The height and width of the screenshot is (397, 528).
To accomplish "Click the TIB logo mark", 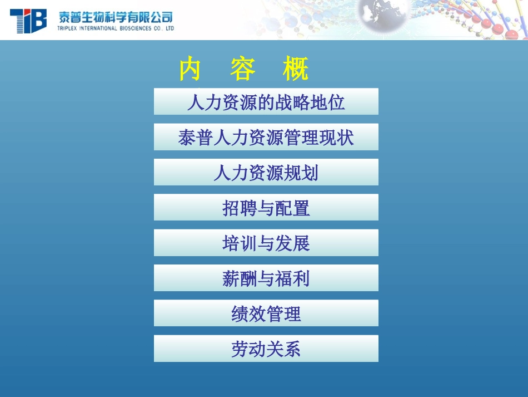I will click(28, 21).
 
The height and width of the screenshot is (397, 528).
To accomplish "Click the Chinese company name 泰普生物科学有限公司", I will click(116, 17).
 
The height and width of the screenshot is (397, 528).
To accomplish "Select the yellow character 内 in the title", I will click(190, 70).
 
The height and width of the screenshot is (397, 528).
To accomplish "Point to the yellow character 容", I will click(243, 70).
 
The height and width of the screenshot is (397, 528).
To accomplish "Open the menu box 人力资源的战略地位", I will click(266, 102).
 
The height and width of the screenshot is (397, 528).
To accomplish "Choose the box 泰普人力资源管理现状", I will click(266, 137).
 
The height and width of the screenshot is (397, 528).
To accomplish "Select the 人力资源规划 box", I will click(266, 173).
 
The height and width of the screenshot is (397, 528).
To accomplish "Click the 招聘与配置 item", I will click(266, 208).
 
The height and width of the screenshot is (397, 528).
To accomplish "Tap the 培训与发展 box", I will click(266, 243).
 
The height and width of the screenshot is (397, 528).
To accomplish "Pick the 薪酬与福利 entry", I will click(266, 278).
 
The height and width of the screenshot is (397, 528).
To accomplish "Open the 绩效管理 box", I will click(266, 313).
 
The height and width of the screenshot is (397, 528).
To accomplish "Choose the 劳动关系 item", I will click(266, 349).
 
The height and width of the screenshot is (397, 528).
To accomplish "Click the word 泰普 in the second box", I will click(196, 138).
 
